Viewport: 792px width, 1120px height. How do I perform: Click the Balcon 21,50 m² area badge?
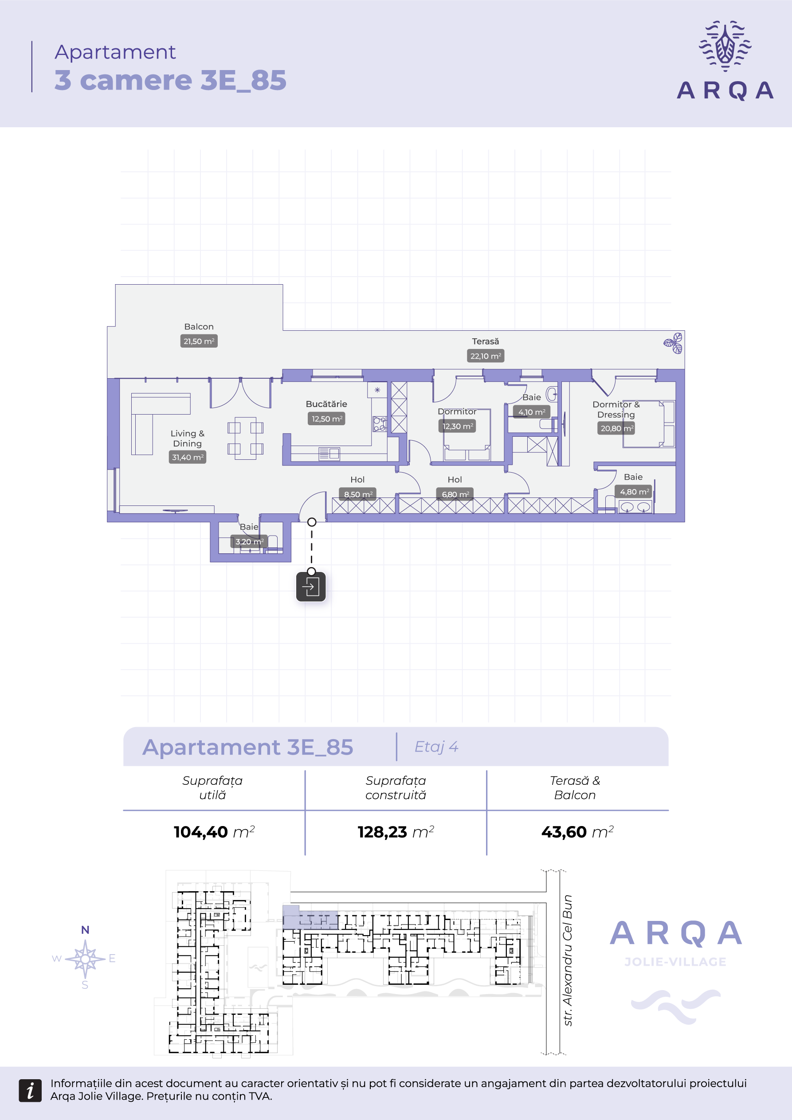pyautogui.click(x=199, y=341)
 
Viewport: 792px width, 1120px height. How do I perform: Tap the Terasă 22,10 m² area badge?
pyautogui.click(x=486, y=356)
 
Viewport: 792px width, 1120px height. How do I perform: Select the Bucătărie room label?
pyautogui.click(x=326, y=404)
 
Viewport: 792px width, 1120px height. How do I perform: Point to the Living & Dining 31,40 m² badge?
pyautogui.click(x=188, y=457)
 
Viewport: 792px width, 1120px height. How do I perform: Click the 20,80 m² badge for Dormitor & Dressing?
pyautogui.click(x=616, y=428)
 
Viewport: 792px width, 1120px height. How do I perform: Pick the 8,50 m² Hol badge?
pyautogui.click(x=358, y=494)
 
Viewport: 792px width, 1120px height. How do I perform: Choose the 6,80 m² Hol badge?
pyautogui.click(x=455, y=494)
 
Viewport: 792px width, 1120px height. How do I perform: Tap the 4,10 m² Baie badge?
pyautogui.click(x=532, y=412)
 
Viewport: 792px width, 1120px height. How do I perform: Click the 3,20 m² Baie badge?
pyautogui.click(x=249, y=541)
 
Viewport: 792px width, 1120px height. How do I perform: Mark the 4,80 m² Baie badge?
pyautogui.click(x=634, y=492)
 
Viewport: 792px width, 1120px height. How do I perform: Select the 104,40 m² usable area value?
pyautogui.click(x=214, y=832)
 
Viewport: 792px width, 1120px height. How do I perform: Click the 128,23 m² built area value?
pyautogui.click(x=396, y=832)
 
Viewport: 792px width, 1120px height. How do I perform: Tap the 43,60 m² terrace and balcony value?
pyautogui.click(x=577, y=832)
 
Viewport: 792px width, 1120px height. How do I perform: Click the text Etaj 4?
pyautogui.click(x=436, y=747)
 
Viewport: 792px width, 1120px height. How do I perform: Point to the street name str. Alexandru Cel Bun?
pyautogui.click(x=568, y=960)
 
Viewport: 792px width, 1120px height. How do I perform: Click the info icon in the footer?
pyautogui.click(x=30, y=1090)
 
